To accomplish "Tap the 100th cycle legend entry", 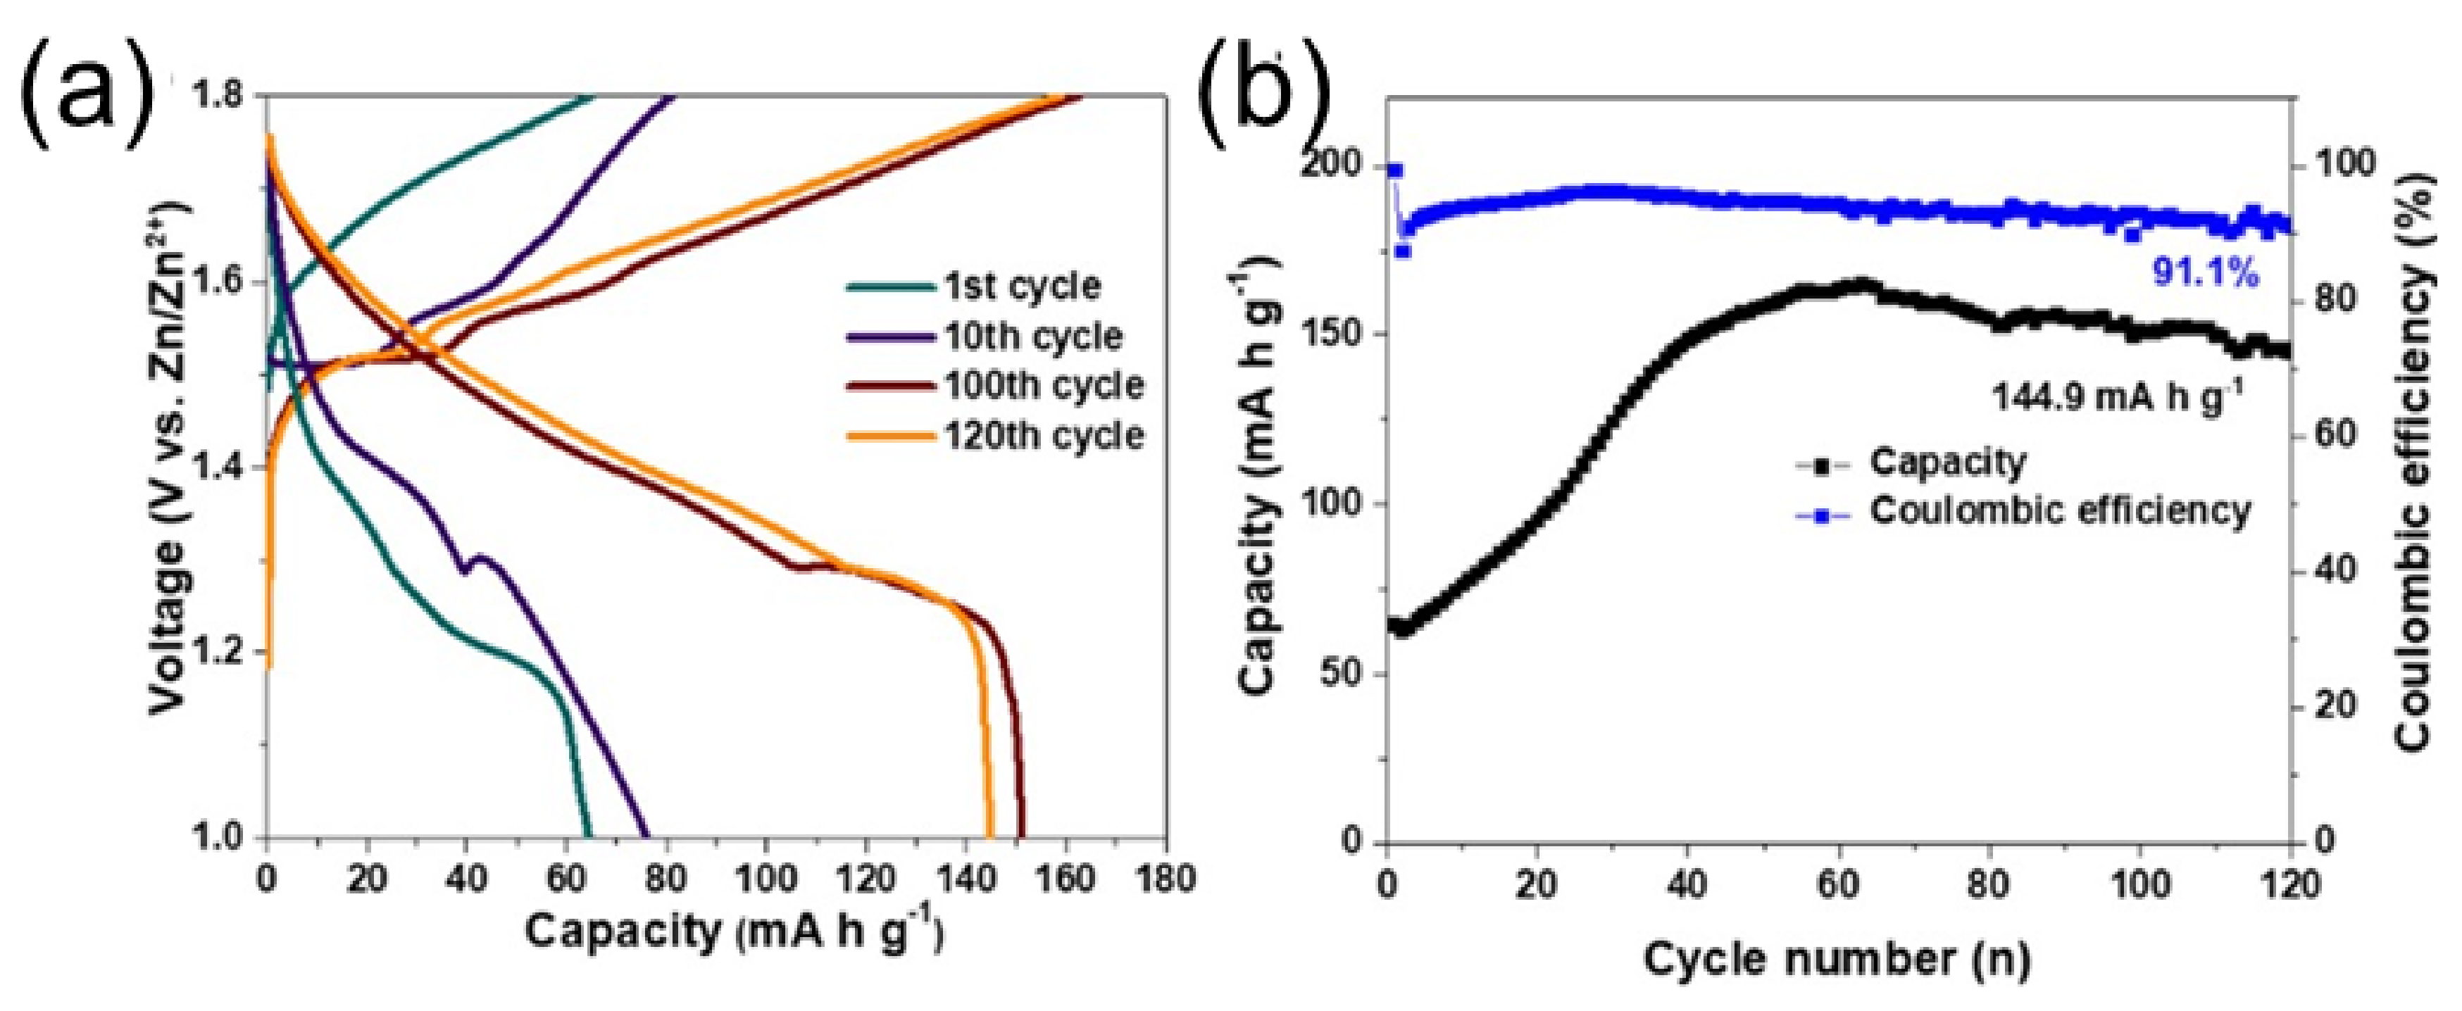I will (1044, 386).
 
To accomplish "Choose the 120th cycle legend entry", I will (1044, 436).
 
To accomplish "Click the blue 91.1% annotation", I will (2205, 275).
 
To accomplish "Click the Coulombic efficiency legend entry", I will (2060, 510).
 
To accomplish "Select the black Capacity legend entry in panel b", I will (1947, 463).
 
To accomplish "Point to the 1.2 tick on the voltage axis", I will (223, 653).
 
